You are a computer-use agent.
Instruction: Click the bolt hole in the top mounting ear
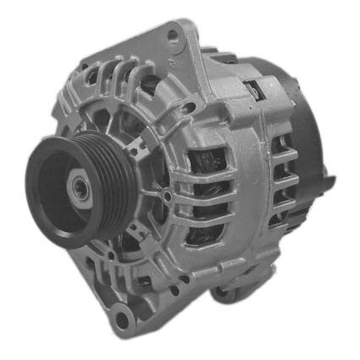click(x=175, y=36)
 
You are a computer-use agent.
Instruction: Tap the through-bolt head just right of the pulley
click(x=168, y=197)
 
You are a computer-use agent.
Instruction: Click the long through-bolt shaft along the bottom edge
click(x=195, y=288)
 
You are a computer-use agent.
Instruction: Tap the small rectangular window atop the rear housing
click(x=254, y=85)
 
